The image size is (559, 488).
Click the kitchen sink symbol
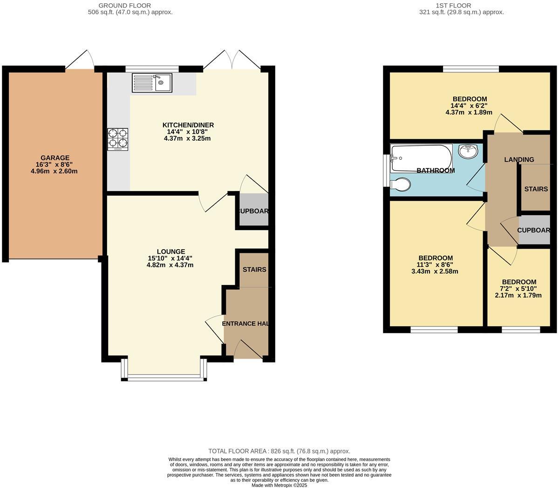(152, 83)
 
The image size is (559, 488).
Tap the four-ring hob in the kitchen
(118, 139)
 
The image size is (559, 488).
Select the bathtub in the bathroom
(421, 157)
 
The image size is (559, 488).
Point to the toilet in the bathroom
(401, 185)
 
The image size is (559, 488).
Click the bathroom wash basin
(468, 151)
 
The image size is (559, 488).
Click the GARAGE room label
(55, 158)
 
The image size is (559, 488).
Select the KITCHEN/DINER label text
(188, 125)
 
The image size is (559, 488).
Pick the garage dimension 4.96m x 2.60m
(54, 171)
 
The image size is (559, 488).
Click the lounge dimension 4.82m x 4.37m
(170, 265)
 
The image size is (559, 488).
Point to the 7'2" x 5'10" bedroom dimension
(519, 289)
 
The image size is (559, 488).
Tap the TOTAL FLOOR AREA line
(279, 451)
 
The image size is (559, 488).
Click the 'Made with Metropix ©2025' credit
(279, 485)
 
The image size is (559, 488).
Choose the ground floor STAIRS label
(254, 270)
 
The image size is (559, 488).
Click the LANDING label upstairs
(519, 160)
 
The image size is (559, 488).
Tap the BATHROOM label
(436, 170)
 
